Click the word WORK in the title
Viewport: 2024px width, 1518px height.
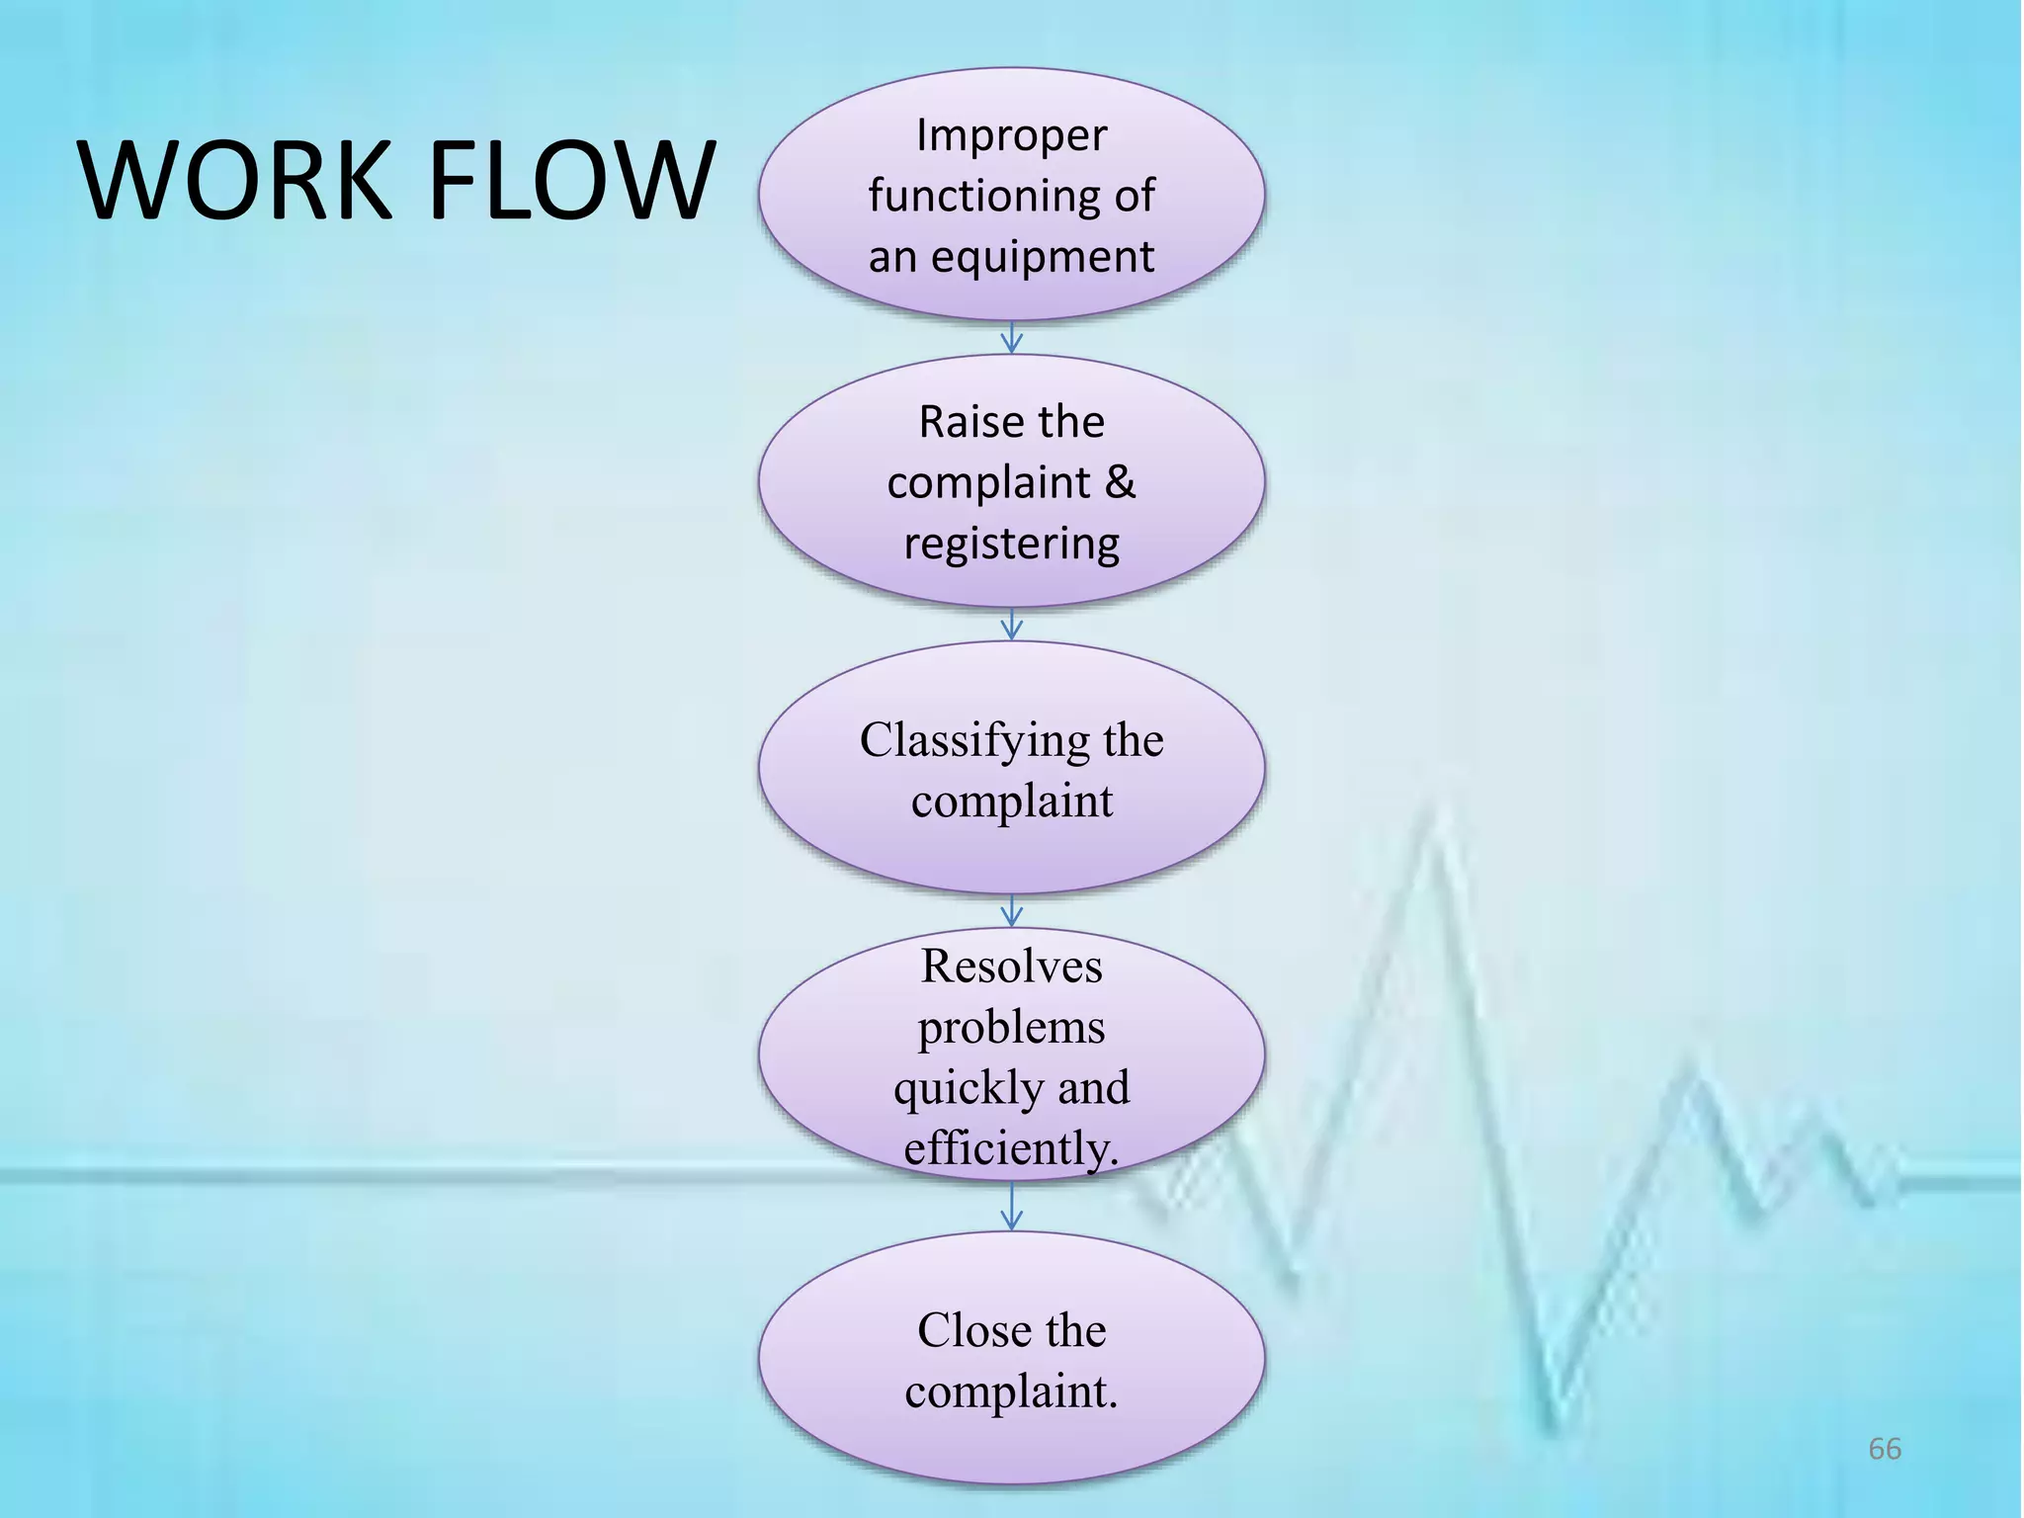[235, 181]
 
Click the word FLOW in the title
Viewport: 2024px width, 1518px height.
[571, 181]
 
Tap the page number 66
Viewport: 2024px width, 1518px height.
[1884, 1449]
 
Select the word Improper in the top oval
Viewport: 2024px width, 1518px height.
[1011, 135]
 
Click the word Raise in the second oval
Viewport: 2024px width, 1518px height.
[961, 422]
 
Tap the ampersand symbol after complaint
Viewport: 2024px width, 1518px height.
[1120, 482]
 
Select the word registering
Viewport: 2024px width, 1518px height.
[1011, 545]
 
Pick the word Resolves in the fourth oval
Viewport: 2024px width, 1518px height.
[1011, 966]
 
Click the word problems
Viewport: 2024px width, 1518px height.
[1011, 1028]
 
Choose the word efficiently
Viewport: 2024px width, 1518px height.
[1011, 1148]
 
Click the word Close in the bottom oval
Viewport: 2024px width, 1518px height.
[968, 1330]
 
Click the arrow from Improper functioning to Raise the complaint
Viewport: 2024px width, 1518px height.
[1011, 338]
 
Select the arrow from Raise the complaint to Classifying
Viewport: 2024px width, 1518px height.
[1011, 625]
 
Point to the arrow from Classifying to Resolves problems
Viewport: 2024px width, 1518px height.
[1011, 911]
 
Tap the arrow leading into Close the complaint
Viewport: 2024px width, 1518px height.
[1011, 1207]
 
